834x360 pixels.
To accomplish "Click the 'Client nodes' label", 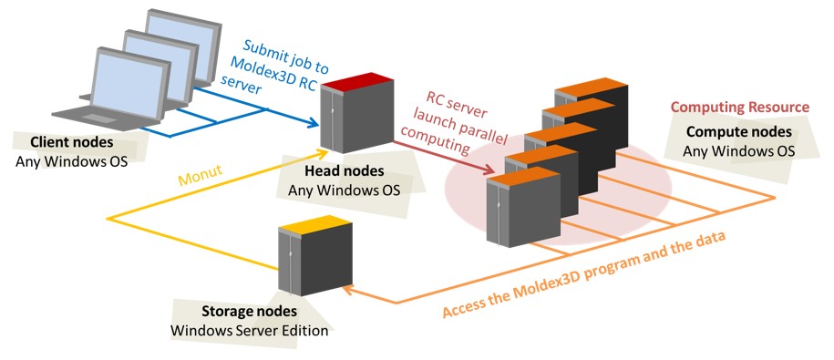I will [66, 143].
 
